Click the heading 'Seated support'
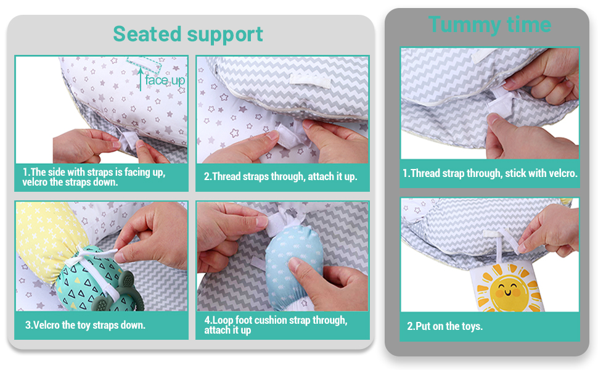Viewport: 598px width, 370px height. pos(188,35)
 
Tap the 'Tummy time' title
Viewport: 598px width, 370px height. pos(489,25)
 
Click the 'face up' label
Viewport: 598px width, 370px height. pos(165,80)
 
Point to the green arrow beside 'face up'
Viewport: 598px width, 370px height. pos(141,79)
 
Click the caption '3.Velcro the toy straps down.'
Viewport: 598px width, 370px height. pos(85,325)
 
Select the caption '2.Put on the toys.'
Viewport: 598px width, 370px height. pos(444,326)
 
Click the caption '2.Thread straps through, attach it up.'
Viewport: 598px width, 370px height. pos(281,176)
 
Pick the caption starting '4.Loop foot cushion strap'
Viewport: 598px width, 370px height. pos(276,325)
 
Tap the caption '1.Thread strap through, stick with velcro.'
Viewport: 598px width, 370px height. pos(490,173)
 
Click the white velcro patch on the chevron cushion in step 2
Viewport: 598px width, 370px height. pos(309,81)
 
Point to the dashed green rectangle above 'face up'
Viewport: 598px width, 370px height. pos(144,65)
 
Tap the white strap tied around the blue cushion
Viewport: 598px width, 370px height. pos(282,224)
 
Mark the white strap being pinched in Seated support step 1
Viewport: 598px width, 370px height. pos(128,141)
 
